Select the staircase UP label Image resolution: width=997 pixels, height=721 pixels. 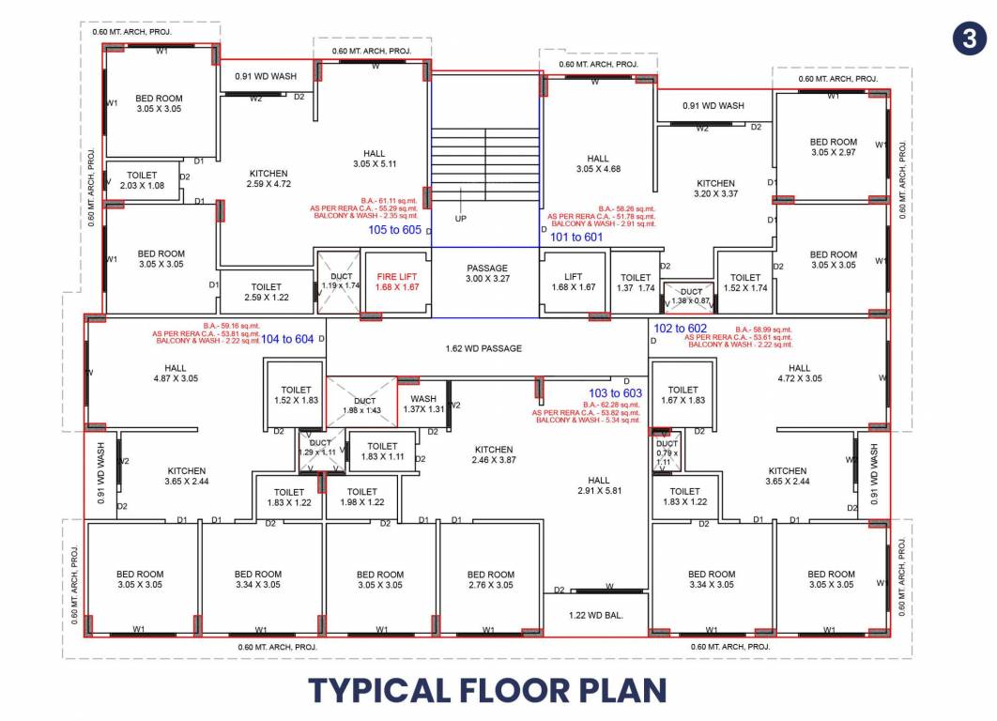[x=461, y=218]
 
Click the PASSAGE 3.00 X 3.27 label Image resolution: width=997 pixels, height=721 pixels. [x=487, y=273]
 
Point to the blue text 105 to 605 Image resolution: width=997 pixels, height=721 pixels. [x=395, y=229]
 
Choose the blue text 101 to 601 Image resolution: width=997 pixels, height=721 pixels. [x=576, y=238]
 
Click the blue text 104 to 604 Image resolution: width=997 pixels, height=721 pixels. [x=287, y=339]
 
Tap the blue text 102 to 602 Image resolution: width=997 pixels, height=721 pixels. [x=681, y=329]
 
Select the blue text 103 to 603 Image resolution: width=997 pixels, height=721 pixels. [x=615, y=392]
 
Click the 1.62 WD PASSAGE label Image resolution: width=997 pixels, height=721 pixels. [x=483, y=348]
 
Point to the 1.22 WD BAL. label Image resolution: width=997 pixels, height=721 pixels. [x=596, y=616]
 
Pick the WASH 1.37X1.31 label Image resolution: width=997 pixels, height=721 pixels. [x=422, y=404]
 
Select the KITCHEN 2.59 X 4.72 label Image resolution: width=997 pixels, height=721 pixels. [x=268, y=178]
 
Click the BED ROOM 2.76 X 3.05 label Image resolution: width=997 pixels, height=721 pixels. [x=490, y=579]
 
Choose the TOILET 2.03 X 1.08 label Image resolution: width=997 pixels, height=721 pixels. [x=142, y=180]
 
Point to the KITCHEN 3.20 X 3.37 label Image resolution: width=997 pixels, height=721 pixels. [x=715, y=189]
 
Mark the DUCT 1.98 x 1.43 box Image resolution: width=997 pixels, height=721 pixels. [x=361, y=404]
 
